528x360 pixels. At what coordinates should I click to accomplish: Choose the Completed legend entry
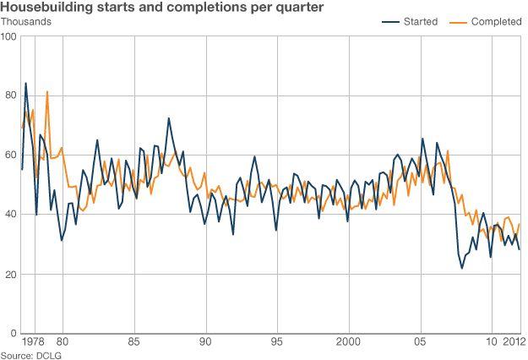point(496,22)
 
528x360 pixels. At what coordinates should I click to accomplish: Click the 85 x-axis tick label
point(133,343)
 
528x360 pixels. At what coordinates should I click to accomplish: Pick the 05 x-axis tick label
point(420,343)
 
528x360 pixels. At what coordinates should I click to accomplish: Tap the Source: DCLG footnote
point(28,355)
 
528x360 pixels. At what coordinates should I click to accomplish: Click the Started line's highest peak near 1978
point(25,84)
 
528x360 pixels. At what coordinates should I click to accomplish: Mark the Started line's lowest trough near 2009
point(462,269)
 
